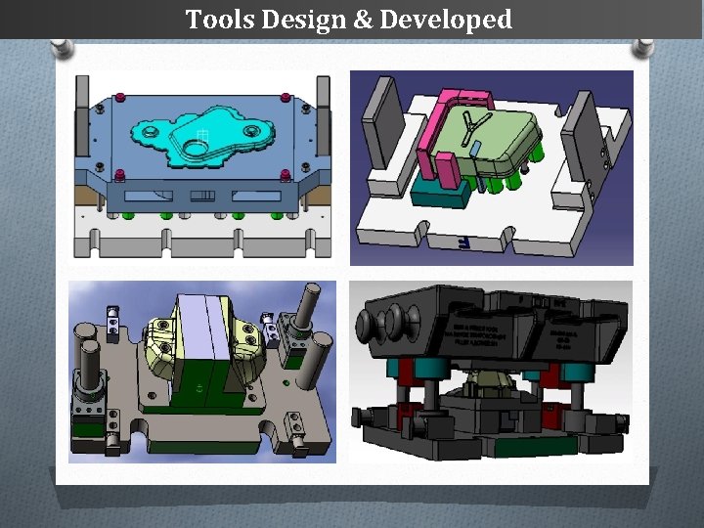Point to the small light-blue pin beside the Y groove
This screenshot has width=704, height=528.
click(475, 149)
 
